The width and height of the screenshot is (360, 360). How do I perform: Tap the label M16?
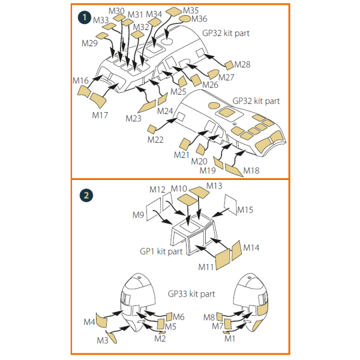[x=81, y=80]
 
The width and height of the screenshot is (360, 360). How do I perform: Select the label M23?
[x=134, y=118]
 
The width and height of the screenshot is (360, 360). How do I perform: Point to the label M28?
[x=242, y=64]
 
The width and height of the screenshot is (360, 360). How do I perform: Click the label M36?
[x=199, y=19]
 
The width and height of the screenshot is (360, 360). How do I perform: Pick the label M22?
[x=155, y=140]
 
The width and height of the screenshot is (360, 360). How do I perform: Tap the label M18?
[x=251, y=171]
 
